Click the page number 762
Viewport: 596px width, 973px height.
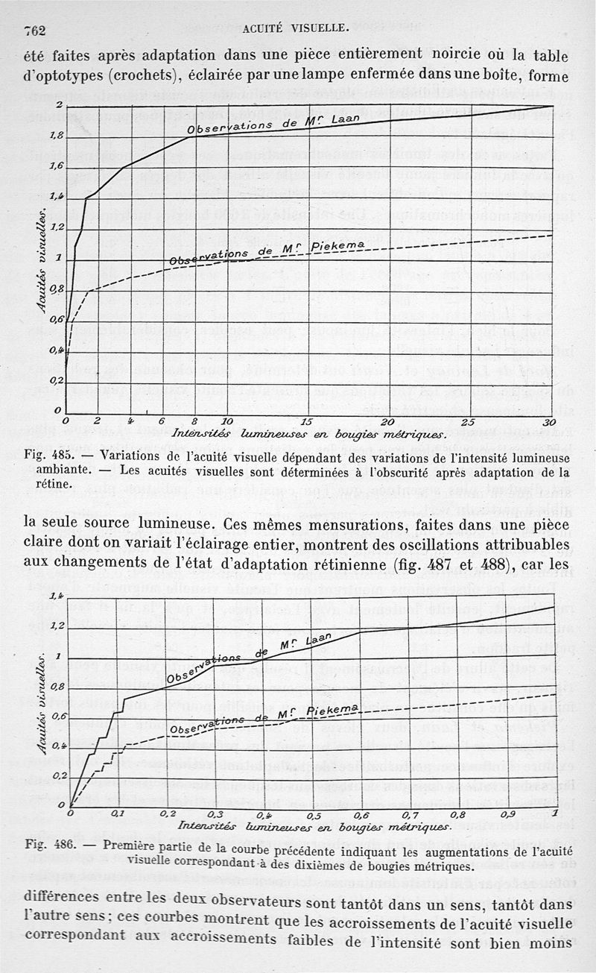[36, 31]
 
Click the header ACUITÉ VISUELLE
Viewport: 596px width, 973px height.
[297, 28]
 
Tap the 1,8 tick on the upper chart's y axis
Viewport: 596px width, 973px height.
[57, 136]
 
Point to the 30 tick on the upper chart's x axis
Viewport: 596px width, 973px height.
[550, 422]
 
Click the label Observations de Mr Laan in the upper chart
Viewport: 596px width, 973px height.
[274, 124]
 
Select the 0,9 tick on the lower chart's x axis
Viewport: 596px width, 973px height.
[508, 814]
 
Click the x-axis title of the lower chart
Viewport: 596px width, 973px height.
[314, 827]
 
